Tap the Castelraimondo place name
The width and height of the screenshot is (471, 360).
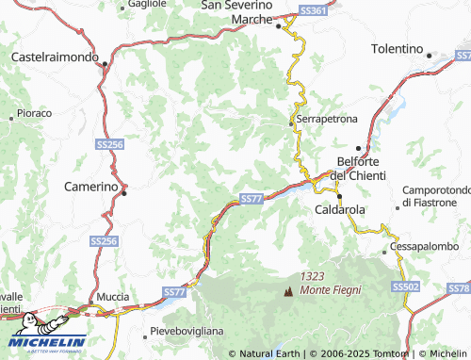[55, 57]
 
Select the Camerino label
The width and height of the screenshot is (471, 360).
[89, 187]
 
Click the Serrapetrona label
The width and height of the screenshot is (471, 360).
[327, 121]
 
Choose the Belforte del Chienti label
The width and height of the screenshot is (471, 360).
[364, 168]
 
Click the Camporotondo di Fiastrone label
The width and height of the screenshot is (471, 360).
[435, 196]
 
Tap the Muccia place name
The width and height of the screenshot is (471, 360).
[113, 297]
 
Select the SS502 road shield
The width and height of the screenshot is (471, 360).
[406, 286]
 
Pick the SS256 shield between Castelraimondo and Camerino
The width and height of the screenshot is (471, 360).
[110, 144]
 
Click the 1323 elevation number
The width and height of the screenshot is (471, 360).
[313, 276]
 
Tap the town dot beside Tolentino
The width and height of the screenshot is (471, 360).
[430, 55]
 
